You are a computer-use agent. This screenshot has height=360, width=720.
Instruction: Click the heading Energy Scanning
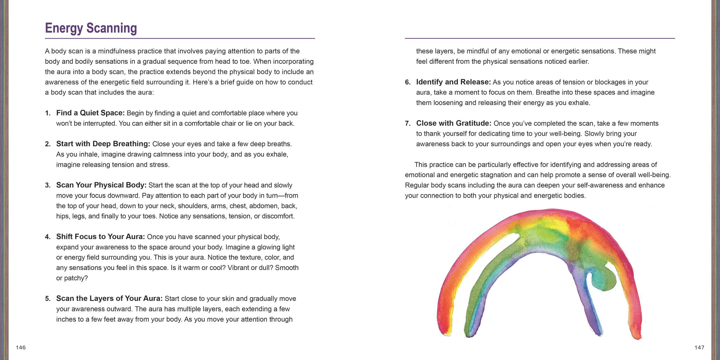click(91, 28)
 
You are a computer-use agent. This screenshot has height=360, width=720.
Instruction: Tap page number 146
click(21, 348)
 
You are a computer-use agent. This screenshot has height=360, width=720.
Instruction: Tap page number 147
click(699, 348)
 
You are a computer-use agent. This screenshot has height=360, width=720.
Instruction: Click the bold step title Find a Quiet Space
click(90, 113)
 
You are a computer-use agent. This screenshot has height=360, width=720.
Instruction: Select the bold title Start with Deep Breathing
click(103, 144)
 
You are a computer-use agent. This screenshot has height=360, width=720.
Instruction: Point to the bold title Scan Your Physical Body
click(101, 185)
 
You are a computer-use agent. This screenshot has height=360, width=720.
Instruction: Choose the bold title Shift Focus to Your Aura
click(100, 237)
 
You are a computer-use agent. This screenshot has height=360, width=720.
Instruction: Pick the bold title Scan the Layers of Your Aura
click(109, 299)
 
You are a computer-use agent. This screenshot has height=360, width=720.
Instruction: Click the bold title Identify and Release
click(453, 82)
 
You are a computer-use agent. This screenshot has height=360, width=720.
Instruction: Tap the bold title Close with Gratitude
click(454, 123)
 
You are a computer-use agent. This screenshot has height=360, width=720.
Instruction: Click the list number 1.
click(48, 113)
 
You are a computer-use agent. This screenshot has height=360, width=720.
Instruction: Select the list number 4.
click(48, 237)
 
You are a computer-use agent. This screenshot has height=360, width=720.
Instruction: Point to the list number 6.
click(408, 83)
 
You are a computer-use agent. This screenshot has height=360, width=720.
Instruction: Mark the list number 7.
click(408, 124)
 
